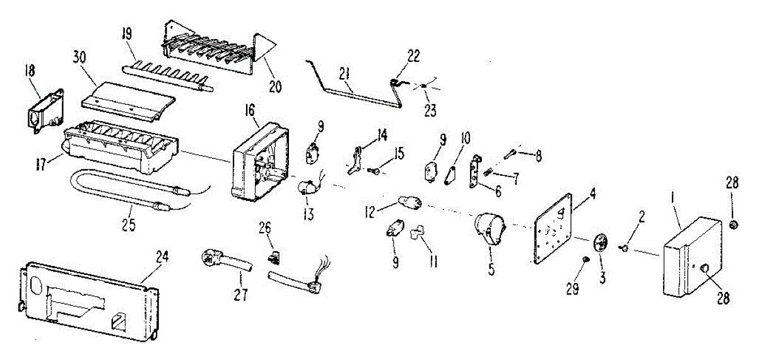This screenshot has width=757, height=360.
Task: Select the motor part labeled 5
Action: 491,230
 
